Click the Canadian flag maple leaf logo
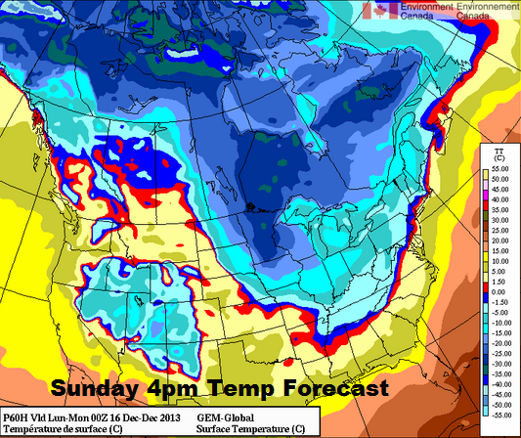[378, 11]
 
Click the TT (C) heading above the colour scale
[499, 153]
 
